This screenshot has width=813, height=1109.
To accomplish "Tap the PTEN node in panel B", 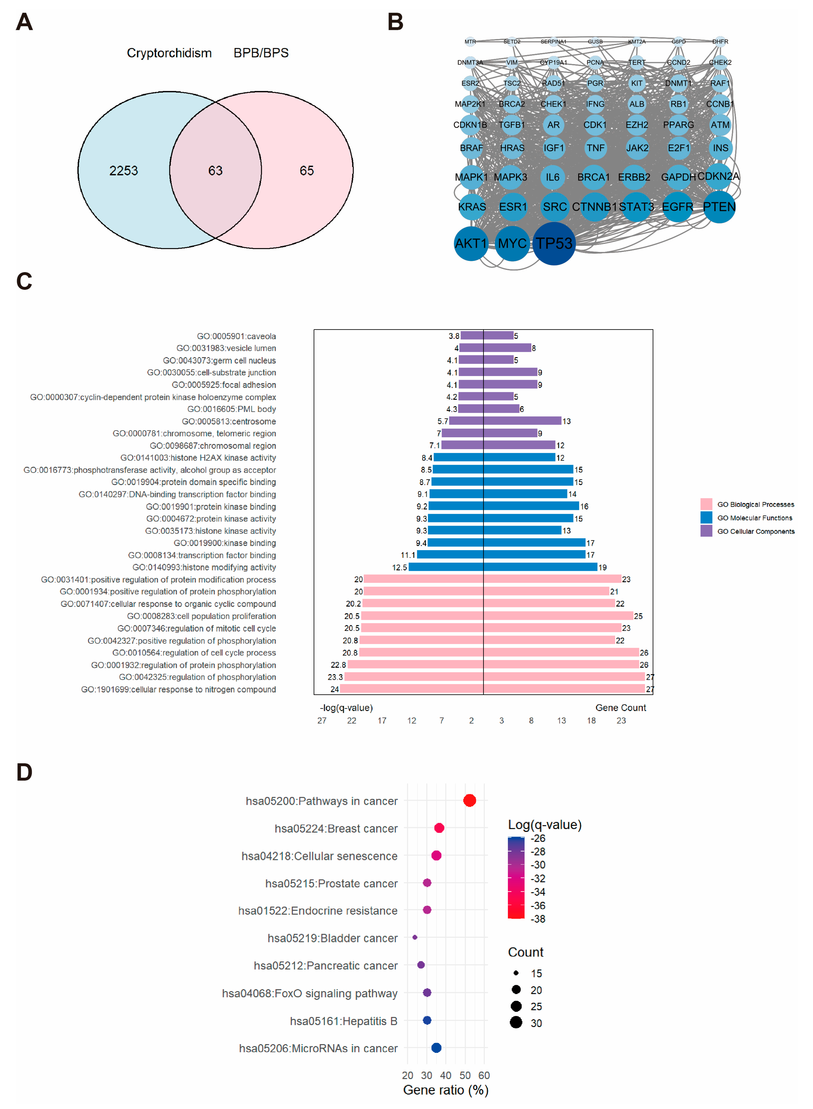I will coord(719,207).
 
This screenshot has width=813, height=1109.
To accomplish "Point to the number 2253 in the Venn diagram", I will coord(124,171).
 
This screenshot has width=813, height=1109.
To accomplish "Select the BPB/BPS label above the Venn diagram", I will coord(261,53).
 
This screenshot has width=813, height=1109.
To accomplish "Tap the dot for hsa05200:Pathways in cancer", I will coord(470,801).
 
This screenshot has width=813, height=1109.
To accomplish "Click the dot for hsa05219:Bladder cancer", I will coord(415,937).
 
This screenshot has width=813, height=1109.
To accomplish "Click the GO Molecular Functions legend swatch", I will coord(706,517).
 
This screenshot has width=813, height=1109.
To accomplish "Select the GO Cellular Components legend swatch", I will coord(706,531).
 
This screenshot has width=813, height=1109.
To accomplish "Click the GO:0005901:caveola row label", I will coord(236,336).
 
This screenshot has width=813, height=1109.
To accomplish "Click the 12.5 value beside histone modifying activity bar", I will coord(400,567).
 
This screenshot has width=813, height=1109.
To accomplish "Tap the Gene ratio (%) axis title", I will coord(445,1090).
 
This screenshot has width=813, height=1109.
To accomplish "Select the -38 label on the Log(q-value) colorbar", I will coord(538,919).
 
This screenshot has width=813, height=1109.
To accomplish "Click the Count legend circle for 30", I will coord(516,1022).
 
